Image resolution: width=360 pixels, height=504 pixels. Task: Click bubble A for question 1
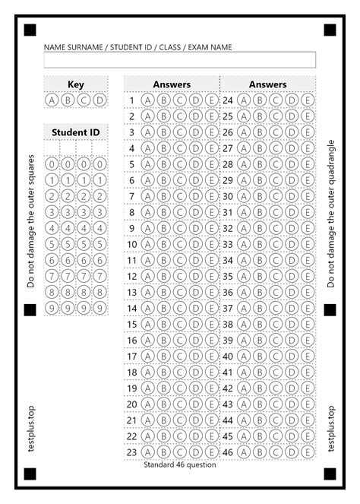tap(147, 100)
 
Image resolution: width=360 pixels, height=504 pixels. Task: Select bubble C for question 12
tap(180, 276)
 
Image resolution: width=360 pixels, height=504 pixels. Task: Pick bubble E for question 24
tap(308, 100)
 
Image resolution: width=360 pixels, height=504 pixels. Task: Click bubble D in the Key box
tap(99, 100)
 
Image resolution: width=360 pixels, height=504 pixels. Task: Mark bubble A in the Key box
tap(52, 100)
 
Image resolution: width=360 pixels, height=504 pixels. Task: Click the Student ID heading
tap(75, 132)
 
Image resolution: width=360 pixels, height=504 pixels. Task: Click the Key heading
tap(76, 84)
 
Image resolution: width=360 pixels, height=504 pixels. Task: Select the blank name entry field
tap(180, 60)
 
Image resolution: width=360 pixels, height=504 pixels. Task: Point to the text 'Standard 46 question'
tap(180, 464)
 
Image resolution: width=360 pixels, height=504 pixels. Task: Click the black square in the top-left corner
tap(30, 30)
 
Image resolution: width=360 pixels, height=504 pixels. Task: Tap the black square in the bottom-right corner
tap(330, 474)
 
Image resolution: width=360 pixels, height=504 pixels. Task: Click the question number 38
tap(227, 324)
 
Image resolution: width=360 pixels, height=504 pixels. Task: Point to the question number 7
tap(131, 196)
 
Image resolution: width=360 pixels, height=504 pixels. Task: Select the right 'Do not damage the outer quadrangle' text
tap(331, 213)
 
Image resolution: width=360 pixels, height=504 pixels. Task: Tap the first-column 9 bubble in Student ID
tap(52, 308)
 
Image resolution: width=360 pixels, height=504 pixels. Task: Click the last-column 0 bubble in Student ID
tap(99, 164)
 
